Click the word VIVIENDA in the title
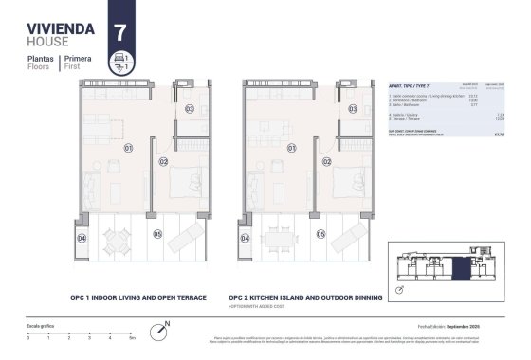tap(59, 28)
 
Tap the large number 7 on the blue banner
tap(119, 30)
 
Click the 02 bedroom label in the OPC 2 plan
tap(326, 162)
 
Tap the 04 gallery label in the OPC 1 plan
tap(82, 238)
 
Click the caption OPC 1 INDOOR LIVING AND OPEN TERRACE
tap(138, 297)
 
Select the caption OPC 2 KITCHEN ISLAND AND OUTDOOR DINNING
tap(305, 297)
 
